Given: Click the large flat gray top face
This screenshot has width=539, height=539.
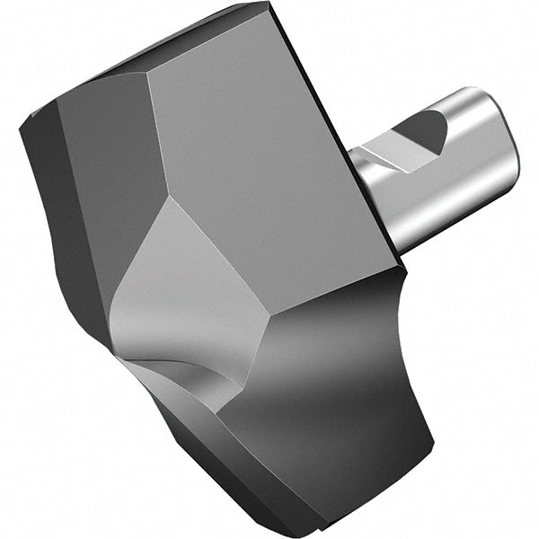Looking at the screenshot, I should pyautogui.click(x=269, y=153).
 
